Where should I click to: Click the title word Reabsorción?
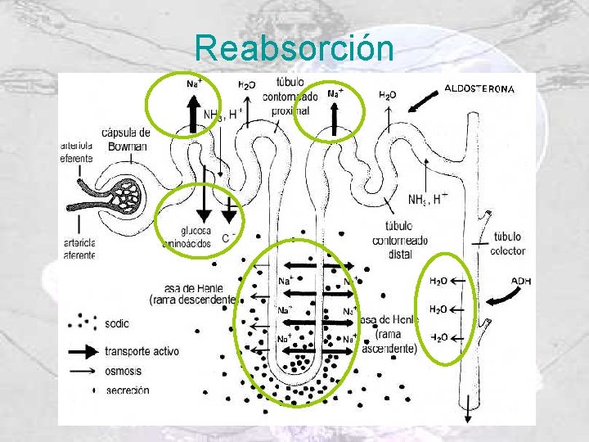click(294, 48)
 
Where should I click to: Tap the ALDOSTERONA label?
click(479, 88)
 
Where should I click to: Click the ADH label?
click(521, 281)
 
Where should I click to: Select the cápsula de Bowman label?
click(126, 139)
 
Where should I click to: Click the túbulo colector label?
click(508, 244)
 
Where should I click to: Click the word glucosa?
click(180, 231)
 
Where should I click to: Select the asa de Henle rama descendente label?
click(193, 294)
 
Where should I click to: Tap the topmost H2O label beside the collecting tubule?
click(438, 281)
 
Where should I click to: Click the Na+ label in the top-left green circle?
click(193, 83)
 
